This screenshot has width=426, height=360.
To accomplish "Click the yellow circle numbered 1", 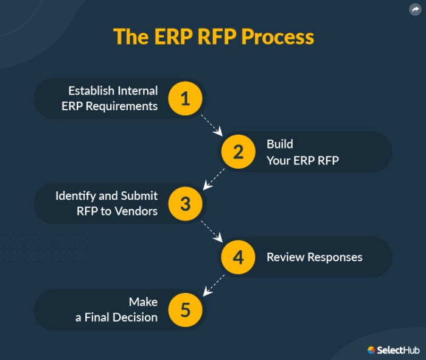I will coord(186,98).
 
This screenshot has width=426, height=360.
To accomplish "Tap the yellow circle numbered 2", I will coord(238,151).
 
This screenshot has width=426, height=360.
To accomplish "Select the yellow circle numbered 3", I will coord(186,204).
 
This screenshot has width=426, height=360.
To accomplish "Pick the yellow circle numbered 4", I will coord(238,257).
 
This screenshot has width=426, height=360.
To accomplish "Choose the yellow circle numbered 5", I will coord(186,310).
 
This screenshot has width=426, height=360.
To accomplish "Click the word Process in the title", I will coord(278,37).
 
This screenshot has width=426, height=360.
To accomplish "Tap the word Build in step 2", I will coord(279,144).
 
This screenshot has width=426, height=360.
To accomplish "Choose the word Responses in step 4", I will coord(335,257).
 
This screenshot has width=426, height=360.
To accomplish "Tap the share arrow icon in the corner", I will coord(415,10).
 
